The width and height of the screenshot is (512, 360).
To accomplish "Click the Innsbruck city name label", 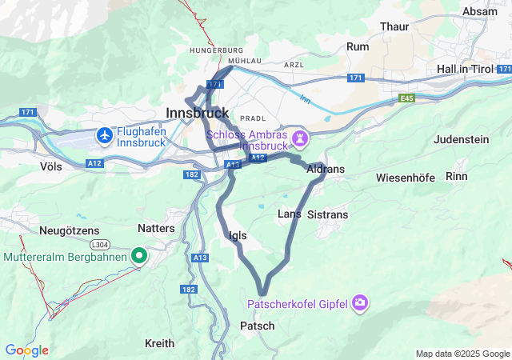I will click(197, 112).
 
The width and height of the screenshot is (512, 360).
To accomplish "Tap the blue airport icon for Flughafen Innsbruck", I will click(104, 136).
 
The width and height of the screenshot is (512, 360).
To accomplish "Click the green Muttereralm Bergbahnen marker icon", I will click(139, 256).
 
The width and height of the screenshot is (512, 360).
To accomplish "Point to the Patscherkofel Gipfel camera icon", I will click(361, 302).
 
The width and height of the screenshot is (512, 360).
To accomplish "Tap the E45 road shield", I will click(409, 98).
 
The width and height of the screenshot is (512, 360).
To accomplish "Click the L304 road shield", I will click(99, 243).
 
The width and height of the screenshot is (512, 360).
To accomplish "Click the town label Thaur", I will click(394, 26).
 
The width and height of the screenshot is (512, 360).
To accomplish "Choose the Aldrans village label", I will click(326, 170).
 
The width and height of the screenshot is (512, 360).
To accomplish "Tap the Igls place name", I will click(238, 235).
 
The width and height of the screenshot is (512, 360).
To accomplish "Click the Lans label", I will click(289, 214).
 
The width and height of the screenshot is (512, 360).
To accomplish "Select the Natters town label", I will click(156, 228).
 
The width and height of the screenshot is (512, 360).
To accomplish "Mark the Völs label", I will click(50, 166).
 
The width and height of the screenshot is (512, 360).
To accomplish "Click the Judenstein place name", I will click(461, 139).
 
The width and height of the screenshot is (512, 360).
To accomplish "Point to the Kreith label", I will click(159, 343).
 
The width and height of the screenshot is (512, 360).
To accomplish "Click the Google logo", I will click(26, 350).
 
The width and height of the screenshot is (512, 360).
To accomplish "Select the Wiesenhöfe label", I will click(406, 177).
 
